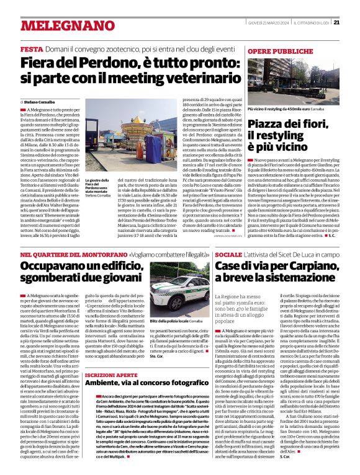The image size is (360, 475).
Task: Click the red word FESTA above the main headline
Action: (x=31, y=49)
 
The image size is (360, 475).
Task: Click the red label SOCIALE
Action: (x=228, y=255)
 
